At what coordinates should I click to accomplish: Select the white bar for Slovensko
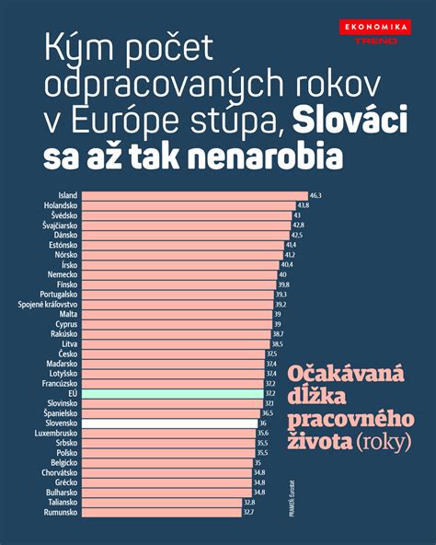click(x=166, y=423)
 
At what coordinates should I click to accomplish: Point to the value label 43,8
click(x=303, y=205)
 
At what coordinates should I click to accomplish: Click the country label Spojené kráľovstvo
click(x=41, y=304)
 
